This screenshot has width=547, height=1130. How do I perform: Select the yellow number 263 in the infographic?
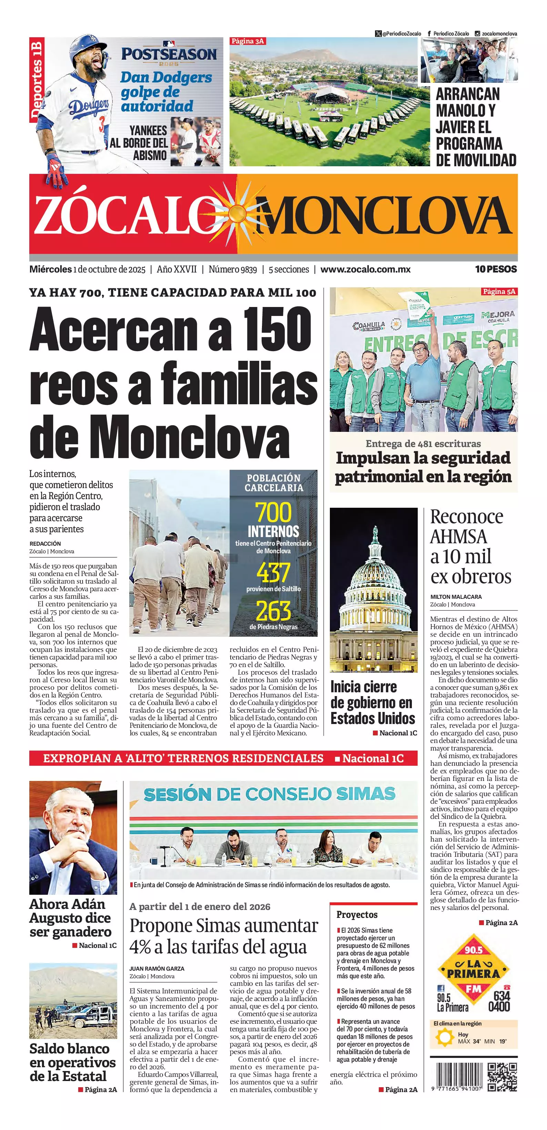[274, 610]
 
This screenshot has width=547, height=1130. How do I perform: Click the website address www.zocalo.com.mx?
[366, 269]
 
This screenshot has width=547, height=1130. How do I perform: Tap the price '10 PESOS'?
[496, 269]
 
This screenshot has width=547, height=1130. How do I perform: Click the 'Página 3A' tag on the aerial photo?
[247, 41]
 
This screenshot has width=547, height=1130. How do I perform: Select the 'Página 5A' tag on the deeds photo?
[499, 291]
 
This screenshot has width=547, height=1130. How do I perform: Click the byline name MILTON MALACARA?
[456, 597]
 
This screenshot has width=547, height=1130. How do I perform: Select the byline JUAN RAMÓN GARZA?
[157, 968]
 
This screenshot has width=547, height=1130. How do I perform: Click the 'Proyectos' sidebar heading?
[357, 915]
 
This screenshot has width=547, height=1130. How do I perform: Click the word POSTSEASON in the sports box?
[169, 54]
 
